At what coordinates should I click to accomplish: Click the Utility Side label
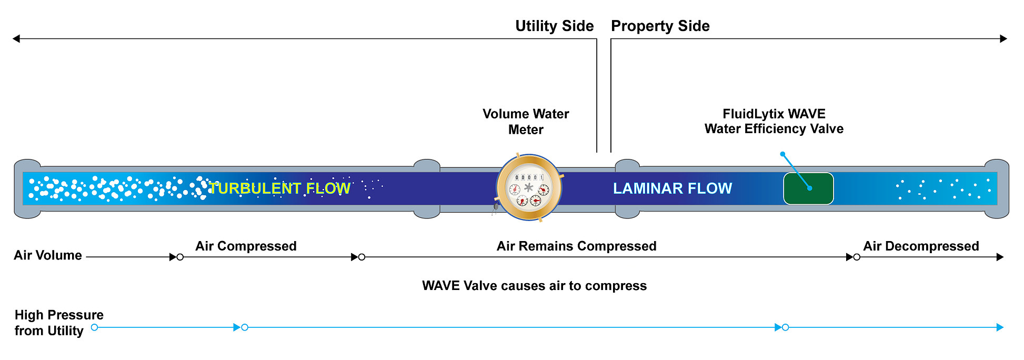554,26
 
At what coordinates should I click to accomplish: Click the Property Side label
660,26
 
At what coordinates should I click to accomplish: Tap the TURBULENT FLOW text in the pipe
279,188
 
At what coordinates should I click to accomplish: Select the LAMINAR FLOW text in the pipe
672,188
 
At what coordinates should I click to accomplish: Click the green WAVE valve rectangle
808,188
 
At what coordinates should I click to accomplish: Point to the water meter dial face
529,188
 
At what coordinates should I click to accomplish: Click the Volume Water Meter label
526,122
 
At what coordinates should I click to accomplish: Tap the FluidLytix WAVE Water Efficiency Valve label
774,122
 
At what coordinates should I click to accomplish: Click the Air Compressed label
246,246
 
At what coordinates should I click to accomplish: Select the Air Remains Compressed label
576,246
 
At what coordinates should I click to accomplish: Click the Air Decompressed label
920,246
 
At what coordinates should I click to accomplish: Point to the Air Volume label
48,255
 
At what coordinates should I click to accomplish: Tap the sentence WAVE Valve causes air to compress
534,286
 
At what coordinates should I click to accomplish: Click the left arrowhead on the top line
16,38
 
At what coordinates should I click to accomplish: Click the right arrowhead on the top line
1003,38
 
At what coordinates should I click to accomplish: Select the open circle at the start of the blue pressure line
94,327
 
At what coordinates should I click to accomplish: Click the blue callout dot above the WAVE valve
782,154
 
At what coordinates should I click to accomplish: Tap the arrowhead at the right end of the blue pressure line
1000,327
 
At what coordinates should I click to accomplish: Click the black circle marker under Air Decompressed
857,257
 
